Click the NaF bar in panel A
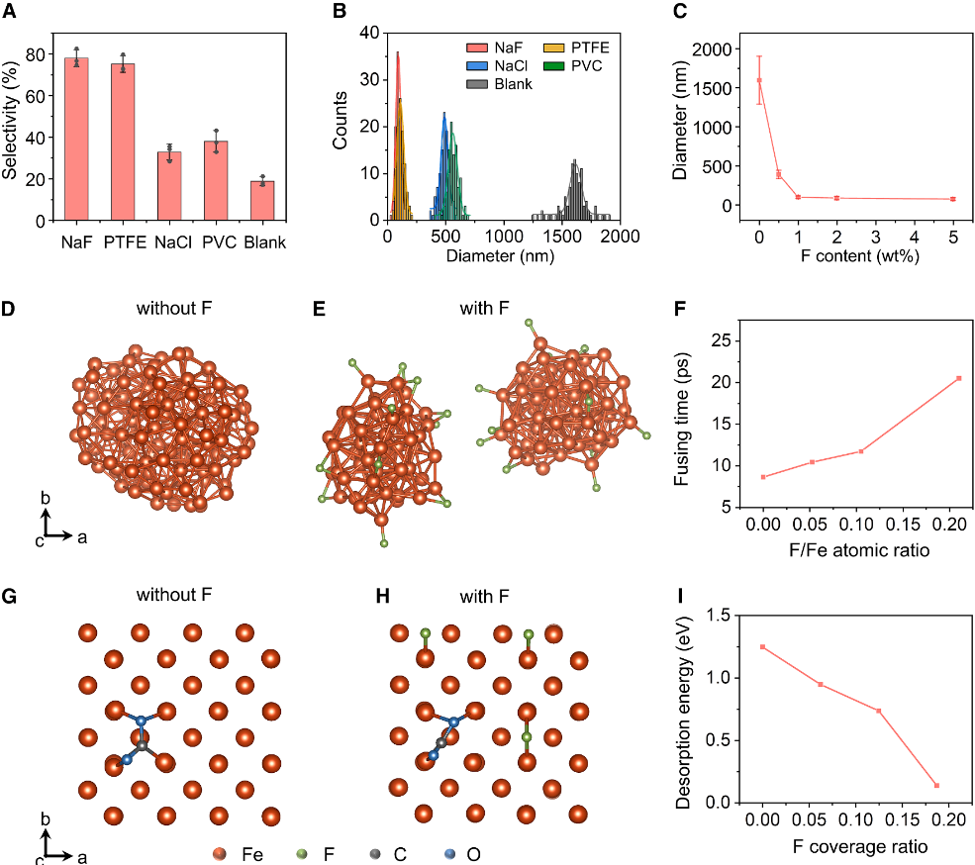click(x=76, y=139)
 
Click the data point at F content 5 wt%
click(x=953, y=199)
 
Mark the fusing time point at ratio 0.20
click(x=959, y=378)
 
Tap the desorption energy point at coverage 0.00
click(x=763, y=647)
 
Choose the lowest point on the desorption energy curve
click(x=936, y=786)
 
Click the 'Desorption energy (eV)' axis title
click(x=684, y=709)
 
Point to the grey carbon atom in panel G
click(x=142, y=745)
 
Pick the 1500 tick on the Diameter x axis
click(x=562, y=237)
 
